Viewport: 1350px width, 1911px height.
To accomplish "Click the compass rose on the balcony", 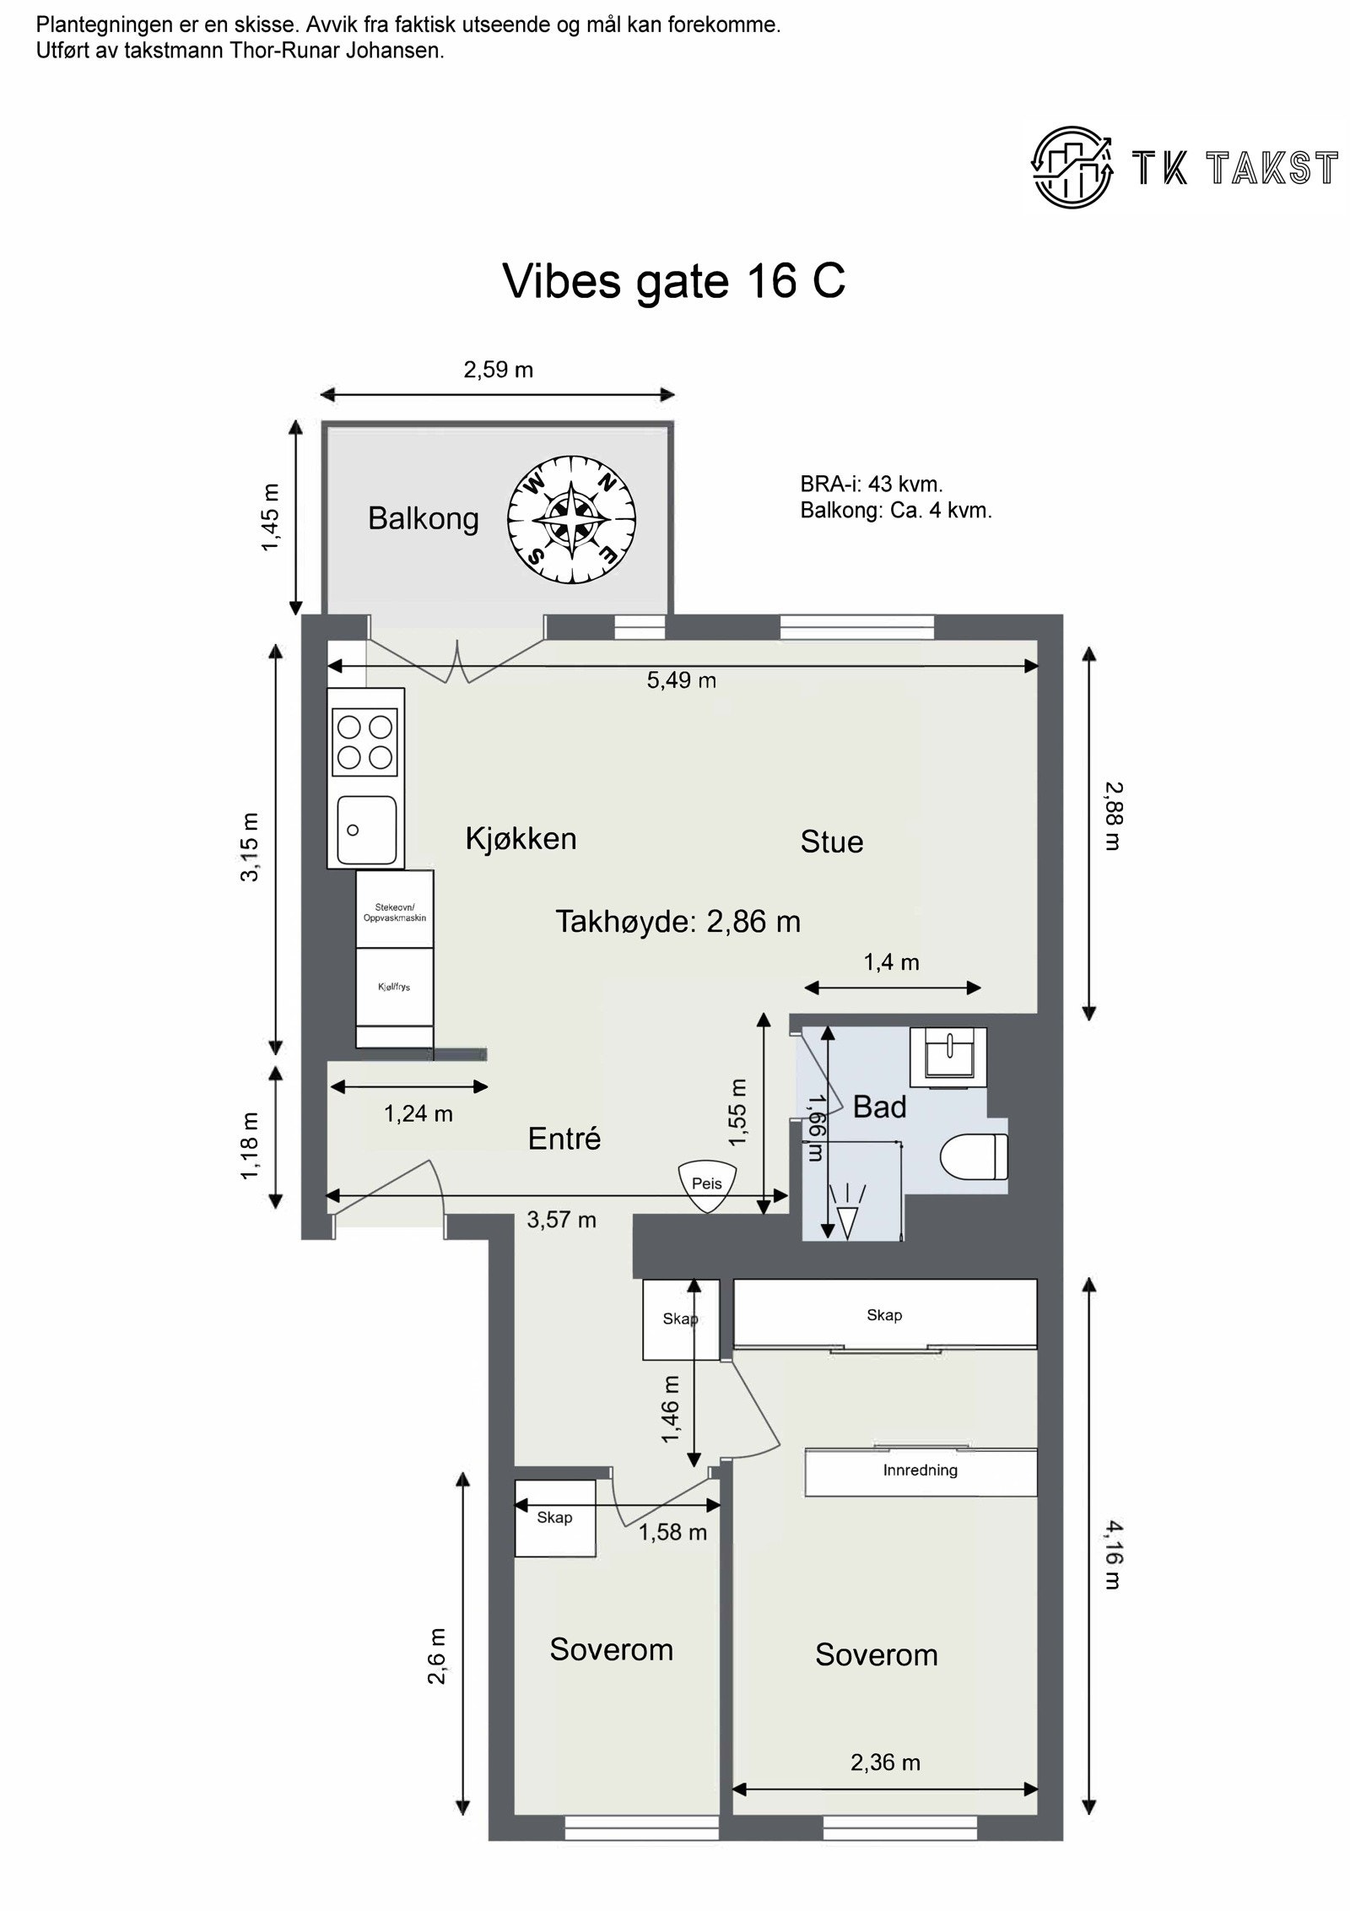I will pos(571,517).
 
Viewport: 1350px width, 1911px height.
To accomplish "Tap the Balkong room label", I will pos(423,518).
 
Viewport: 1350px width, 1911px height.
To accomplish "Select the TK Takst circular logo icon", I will pos(1072,166).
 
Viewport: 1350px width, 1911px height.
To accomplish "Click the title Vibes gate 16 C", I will pos(673,280).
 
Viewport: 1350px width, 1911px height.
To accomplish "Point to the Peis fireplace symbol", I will pos(707,1184).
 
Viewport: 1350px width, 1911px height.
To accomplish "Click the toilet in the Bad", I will pos(975,1156).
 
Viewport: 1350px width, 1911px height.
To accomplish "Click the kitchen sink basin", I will pos(366,830).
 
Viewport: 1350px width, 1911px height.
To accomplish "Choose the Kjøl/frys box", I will pos(394,986).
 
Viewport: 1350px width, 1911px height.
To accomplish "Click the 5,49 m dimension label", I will pos(681,680).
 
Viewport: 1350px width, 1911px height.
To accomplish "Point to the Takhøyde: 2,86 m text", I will pos(678,921).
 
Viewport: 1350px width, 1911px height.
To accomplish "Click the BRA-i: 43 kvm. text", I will pos(871,484).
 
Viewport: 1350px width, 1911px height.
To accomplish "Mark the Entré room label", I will pos(564,1139).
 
